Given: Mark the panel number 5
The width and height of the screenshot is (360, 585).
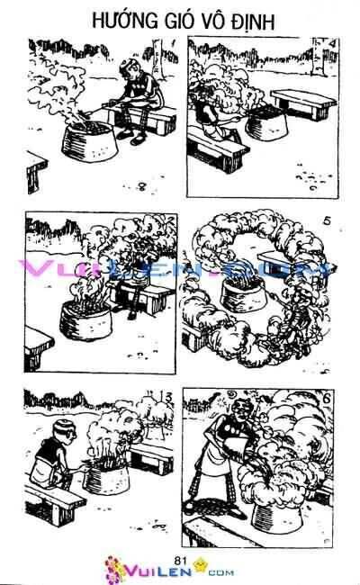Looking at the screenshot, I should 326,220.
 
